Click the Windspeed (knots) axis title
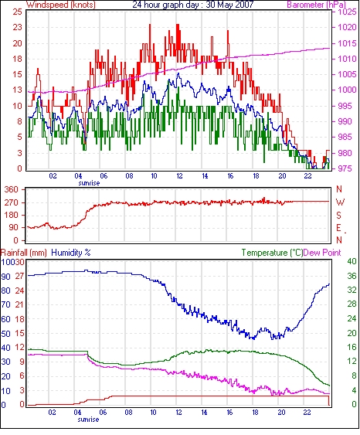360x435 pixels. click(61, 5)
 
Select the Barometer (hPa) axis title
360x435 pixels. click(316, 5)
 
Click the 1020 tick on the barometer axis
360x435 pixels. click(347, 27)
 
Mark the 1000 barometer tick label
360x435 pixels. click(347, 90)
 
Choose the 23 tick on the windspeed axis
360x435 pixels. click(17, 27)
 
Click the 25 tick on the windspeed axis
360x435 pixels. click(17, 12)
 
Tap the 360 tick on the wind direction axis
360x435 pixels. click(12, 190)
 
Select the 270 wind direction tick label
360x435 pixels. click(12, 202)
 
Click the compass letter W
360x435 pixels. click(340, 202)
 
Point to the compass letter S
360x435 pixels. click(338, 216)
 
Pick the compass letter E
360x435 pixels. click(338, 228)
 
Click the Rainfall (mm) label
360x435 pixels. click(24, 253)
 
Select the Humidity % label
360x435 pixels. click(71, 253)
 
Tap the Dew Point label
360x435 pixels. click(322, 253)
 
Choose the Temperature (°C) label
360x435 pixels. click(272, 253)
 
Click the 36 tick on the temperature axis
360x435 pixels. click(352, 276)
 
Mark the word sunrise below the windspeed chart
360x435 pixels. click(89, 183)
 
